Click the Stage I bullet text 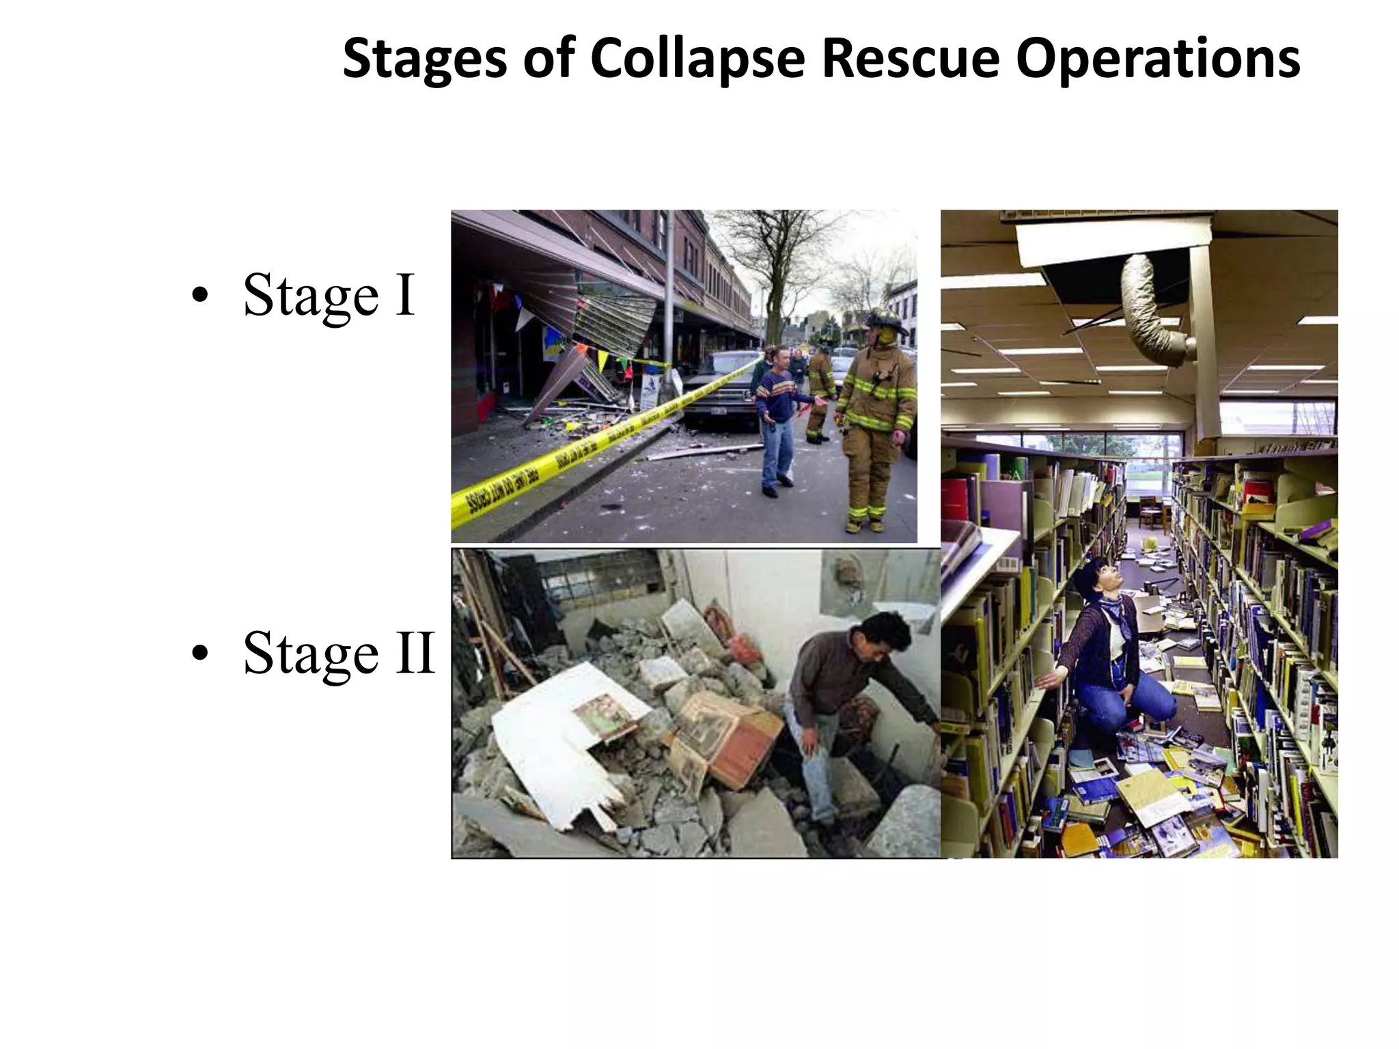tap(329, 296)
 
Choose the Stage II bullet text tap(339, 653)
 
